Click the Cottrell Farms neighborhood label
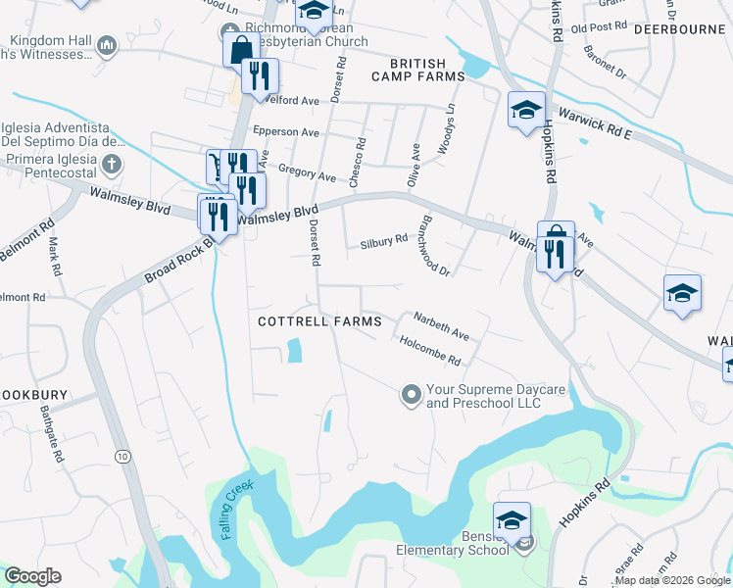(305, 321)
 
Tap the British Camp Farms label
(415, 68)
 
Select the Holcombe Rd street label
(430, 351)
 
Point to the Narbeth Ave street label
(441, 327)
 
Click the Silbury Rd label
(383, 241)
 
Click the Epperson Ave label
(286, 132)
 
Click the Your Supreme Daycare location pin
(411, 395)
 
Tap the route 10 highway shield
(122, 457)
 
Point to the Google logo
(32, 576)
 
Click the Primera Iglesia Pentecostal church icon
(113, 164)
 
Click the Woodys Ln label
(450, 124)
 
